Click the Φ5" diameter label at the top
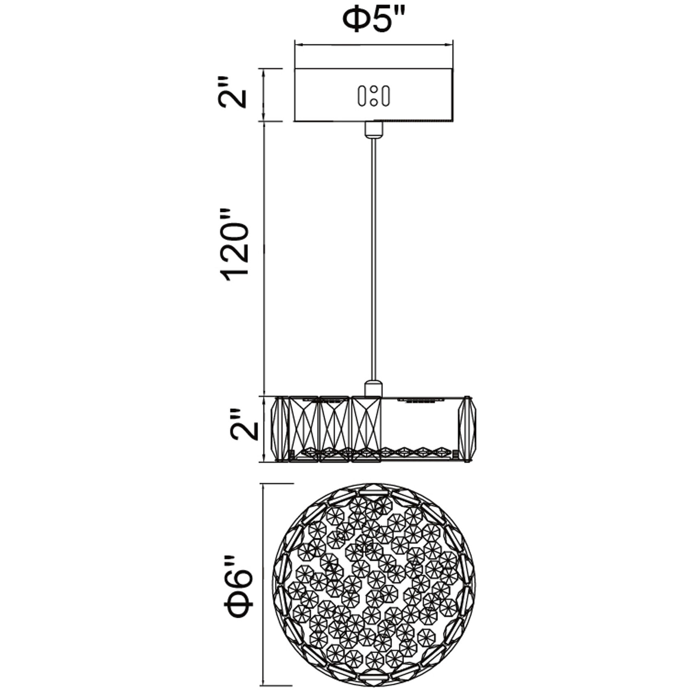(374, 22)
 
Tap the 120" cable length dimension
(234, 245)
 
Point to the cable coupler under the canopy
(374, 130)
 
